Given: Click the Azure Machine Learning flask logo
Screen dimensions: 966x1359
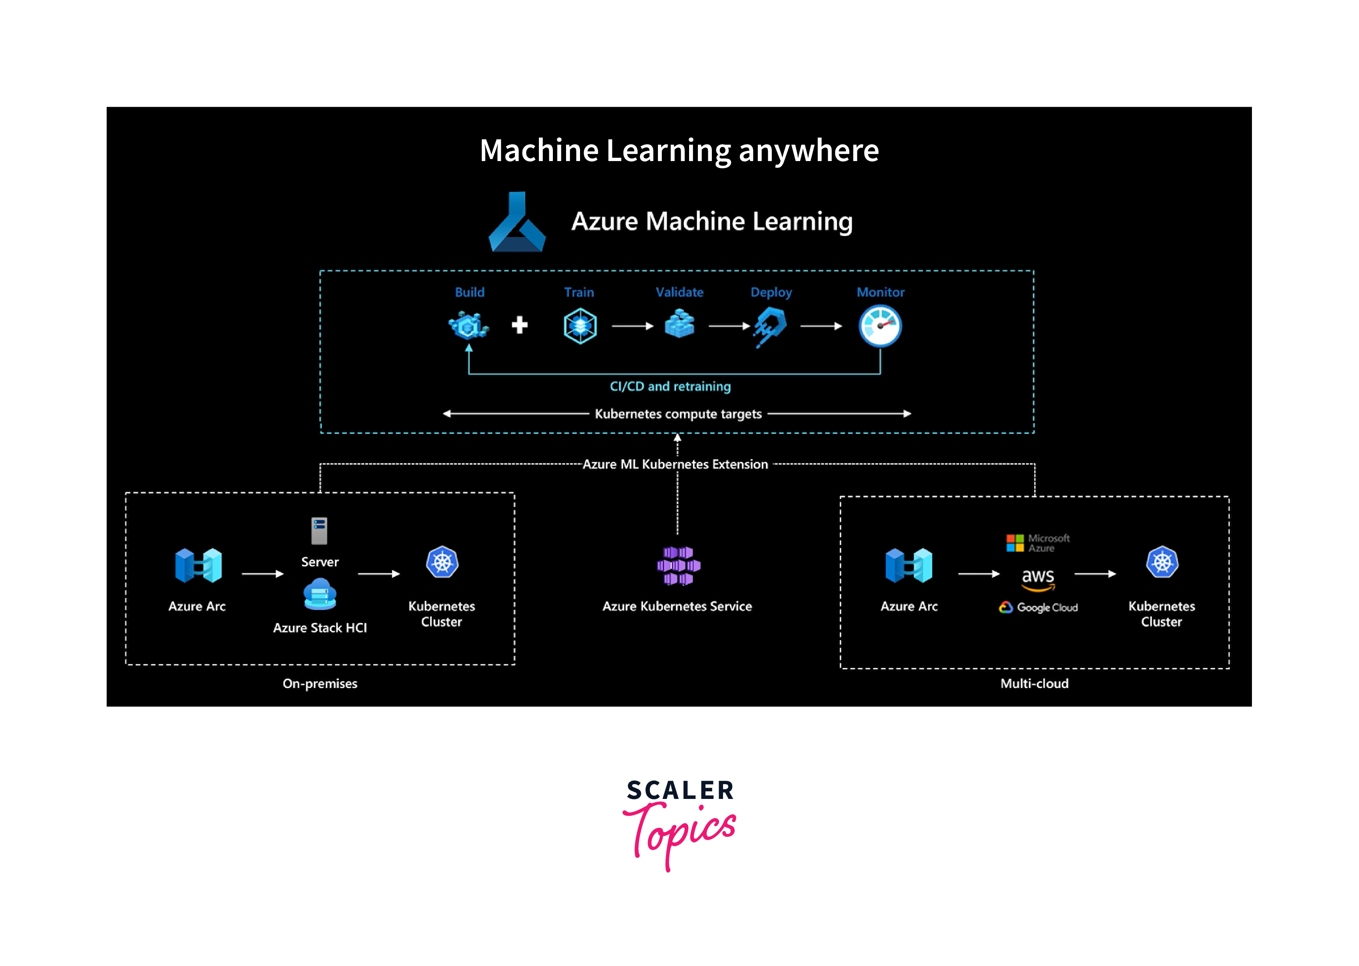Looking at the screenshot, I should pyautogui.click(x=517, y=223).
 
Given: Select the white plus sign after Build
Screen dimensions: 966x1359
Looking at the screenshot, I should pyautogui.click(x=520, y=325).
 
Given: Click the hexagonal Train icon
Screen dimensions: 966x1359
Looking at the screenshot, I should pyautogui.click(x=580, y=325).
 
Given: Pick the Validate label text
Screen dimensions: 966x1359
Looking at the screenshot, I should pyautogui.click(x=679, y=292).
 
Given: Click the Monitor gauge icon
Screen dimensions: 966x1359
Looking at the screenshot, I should pyautogui.click(x=880, y=325).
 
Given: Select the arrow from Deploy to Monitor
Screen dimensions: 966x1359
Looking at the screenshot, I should pyautogui.click(x=821, y=326).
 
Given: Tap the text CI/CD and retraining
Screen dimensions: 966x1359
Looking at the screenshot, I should pyautogui.click(x=670, y=386).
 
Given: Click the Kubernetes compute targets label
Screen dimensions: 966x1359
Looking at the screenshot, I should pyautogui.click(x=678, y=414).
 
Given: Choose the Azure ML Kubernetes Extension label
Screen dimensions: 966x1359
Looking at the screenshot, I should pyautogui.click(x=676, y=464).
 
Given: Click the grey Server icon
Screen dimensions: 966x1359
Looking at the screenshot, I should pyautogui.click(x=319, y=531).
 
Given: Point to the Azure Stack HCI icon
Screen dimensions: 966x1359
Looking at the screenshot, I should pyautogui.click(x=320, y=595).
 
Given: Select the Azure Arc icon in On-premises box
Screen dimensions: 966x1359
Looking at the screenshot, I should pyautogui.click(x=198, y=565).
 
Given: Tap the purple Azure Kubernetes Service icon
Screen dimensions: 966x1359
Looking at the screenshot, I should pyautogui.click(x=678, y=565).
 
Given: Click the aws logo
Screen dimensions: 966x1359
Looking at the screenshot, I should pyautogui.click(x=1037, y=579).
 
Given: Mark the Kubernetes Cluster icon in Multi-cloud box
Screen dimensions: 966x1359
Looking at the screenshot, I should pyautogui.click(x=1162, y=562).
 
